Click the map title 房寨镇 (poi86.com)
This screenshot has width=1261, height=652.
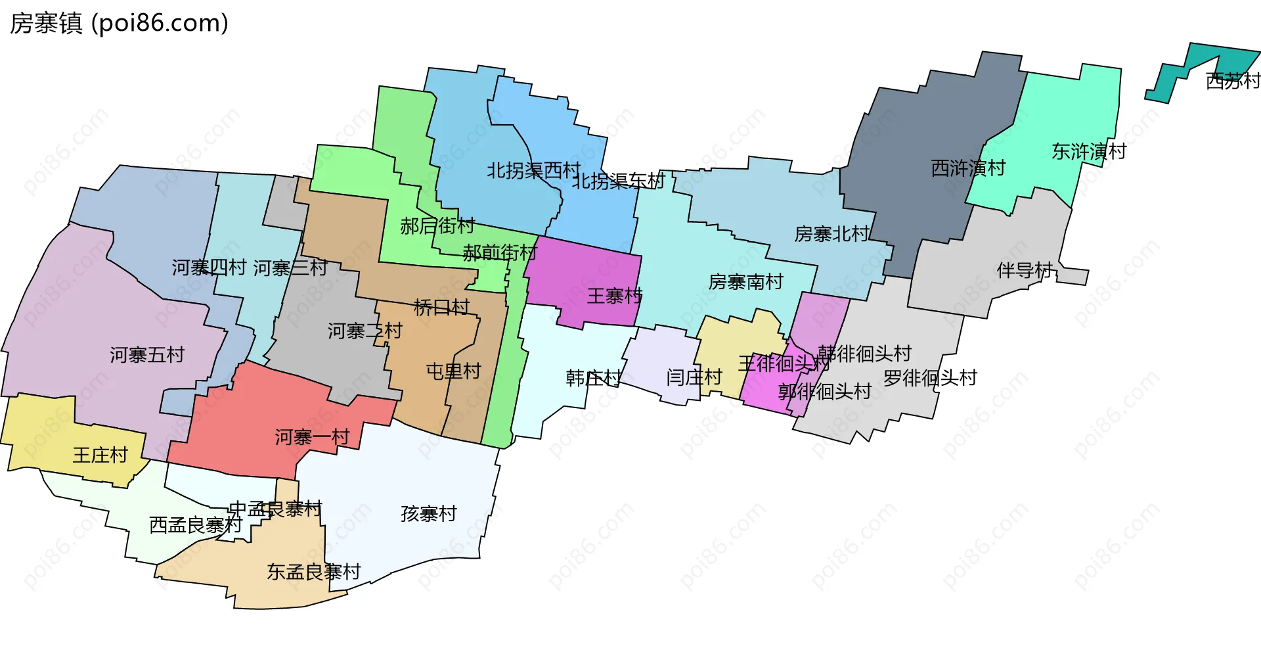119,24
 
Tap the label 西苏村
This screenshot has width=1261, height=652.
1233,81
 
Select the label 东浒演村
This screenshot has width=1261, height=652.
1089,152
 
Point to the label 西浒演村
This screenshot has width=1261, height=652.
968,168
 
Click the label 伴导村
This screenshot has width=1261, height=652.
1025,270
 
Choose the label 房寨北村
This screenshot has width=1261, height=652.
831,234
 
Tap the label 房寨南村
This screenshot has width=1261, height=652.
745,282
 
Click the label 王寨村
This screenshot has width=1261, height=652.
614,296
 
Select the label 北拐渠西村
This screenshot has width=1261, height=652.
533,171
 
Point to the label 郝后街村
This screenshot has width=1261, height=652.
437,226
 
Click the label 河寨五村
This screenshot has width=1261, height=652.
147,356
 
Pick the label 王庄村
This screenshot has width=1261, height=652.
100,455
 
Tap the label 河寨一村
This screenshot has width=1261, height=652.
312,437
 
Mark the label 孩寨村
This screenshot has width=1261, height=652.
429,513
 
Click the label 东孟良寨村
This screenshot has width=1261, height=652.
313,572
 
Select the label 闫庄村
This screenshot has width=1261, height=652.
694,377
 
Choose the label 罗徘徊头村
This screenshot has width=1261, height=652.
930,378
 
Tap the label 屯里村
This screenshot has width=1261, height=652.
454,371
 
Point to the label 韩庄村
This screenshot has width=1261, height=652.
593,378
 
